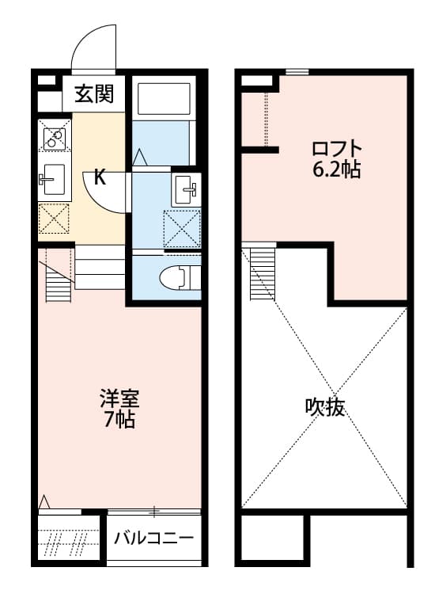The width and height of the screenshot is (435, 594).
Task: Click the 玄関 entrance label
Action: [x=94, y=94]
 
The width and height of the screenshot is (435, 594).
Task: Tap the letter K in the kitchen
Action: [x=100, y=177]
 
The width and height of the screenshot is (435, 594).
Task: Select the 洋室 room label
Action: [x=119, y=398]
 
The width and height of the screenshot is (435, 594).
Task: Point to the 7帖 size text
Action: [x=119, y=419]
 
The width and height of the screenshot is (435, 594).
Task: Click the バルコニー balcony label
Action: [x=154, y=538]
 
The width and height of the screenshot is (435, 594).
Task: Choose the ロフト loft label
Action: [x=337, y=149]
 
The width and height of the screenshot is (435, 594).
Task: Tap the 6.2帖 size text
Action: [x=336, y=169]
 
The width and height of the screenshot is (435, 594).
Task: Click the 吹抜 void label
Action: [x=324, y=407]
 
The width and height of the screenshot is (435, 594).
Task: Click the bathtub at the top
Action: [x=164, y=98]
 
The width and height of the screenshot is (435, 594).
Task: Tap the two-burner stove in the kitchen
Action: [x=55, y=139]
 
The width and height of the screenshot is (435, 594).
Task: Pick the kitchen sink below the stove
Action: [x=55, y=179]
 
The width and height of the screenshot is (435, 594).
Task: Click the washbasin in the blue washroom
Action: [x=185, y=189]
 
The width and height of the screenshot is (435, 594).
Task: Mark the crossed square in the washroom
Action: [x=182, y=229]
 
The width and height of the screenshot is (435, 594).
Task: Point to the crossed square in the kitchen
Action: [x=54, y=219]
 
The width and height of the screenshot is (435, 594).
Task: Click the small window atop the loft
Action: [x=297, y=71]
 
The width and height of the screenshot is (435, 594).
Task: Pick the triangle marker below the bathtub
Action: [x=140, y=157]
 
